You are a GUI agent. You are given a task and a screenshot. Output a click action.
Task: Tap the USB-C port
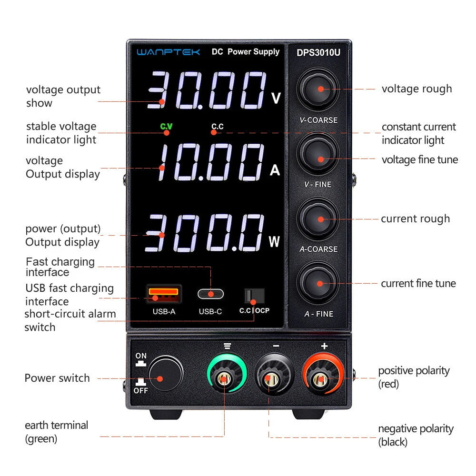click(210, 294)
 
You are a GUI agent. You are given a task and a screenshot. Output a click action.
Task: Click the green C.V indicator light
click(166, 127)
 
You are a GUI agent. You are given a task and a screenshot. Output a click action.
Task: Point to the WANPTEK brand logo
click(169, 52)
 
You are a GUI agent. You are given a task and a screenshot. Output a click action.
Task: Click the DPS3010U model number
click(318, 52)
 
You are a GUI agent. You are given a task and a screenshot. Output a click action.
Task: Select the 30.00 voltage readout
click(207, 91)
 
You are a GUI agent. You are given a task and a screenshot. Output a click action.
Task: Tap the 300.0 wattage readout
click(205, 233)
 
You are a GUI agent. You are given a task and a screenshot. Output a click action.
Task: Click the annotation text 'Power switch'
click(57, 378)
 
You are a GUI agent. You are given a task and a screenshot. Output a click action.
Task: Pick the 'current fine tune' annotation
click(418, 284)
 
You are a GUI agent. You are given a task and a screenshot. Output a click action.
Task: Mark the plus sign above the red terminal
click(324, 346)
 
